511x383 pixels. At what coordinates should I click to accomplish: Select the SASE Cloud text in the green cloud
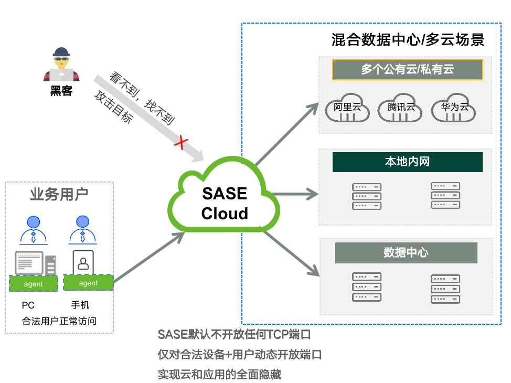coord(225,203)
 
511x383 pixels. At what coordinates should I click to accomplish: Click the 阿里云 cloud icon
coord(348,108)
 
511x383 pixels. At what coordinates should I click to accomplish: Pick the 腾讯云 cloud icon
coord(401,108)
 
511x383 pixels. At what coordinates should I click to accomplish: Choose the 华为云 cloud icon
coord(454,108)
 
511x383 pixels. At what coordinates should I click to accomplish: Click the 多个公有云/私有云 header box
coord(407,69)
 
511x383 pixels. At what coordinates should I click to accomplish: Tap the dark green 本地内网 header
coord(407,162)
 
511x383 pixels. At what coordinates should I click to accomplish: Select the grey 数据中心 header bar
coord(406,252)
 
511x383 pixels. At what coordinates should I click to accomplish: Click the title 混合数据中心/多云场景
coord(408,40)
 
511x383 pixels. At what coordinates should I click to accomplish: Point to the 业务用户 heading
coord(59,195)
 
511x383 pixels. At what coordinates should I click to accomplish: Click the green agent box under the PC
coord(34,283)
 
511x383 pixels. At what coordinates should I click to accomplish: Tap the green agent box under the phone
coord(88,282)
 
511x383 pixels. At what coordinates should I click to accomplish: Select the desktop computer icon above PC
coord(35,262)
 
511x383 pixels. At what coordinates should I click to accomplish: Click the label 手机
coord(80,305)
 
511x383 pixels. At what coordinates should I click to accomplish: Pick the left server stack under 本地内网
coord(367,196)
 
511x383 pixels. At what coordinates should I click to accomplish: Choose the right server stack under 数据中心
coord(445,289)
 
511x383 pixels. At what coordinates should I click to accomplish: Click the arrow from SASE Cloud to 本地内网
coord(296,194)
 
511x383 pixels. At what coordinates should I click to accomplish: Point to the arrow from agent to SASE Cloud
coord(150,257)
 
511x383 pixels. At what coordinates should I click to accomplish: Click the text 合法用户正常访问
coord(59,321)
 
